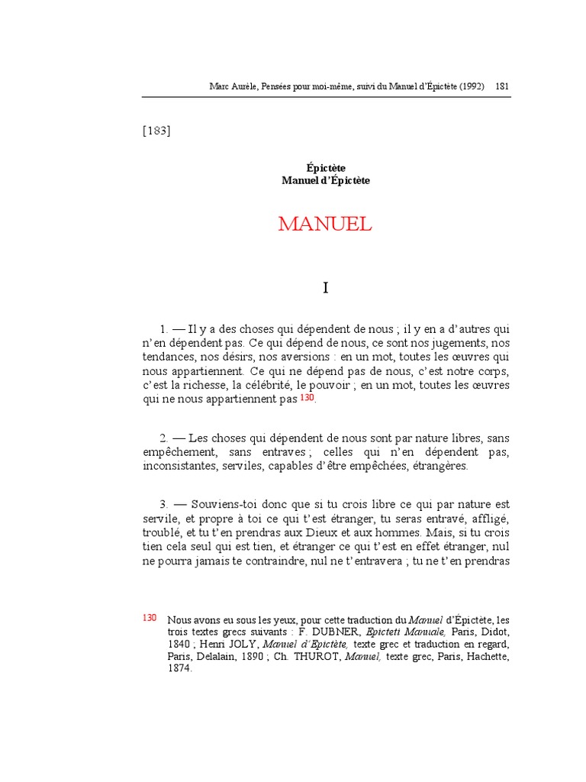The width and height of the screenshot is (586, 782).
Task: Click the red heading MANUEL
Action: click(325, 224)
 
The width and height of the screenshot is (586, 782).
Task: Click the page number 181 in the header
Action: click(503, 86)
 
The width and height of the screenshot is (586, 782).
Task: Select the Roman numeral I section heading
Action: click(326, 288)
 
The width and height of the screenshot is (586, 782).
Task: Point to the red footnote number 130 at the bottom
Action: click(150, 618)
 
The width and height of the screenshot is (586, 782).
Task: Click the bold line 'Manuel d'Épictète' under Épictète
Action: click(326, 181)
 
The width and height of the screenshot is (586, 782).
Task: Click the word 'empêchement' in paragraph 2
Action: click(179, 452)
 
